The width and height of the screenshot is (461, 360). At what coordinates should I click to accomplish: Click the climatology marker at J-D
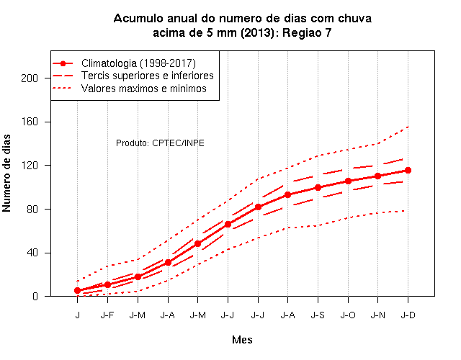pos(408,170)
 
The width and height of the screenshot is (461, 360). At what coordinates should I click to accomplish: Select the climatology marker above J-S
pos(318,187)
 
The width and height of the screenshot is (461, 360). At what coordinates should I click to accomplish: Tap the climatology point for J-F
pos(107,284)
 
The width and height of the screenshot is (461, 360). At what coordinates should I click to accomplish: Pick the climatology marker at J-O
pos(348,181)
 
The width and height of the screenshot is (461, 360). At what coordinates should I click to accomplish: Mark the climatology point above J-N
pos(377,176)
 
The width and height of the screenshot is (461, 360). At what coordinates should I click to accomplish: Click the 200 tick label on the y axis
pos(30,78)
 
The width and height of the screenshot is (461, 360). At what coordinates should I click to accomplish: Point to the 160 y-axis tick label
pos(30,122)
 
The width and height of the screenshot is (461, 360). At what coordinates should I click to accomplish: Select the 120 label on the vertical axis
pos(30,166)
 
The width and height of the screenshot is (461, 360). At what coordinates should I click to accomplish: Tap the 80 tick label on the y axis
pos(32,210)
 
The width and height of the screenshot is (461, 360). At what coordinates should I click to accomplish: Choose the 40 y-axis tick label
pos(32,253)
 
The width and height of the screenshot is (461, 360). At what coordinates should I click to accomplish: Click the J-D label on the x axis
pos(408,315)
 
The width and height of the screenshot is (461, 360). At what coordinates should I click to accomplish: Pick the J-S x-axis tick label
pos(318,315)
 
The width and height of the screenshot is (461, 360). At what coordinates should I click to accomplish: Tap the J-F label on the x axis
pos(107,315)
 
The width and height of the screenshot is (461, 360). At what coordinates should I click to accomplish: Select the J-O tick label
pos(348,315)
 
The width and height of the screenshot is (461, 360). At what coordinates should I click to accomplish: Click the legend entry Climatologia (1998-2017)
pos(138,63)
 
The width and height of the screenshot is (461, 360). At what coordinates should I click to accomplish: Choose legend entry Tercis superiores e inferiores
pos(147,76)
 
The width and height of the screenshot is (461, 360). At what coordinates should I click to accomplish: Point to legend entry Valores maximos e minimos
pos(144,89)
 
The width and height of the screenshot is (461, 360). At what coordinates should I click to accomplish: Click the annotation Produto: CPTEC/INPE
pos(160,143)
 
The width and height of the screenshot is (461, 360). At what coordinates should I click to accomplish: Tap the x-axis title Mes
pos(242,340)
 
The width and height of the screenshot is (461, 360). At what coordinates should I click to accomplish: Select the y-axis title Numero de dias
pos(6,173)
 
